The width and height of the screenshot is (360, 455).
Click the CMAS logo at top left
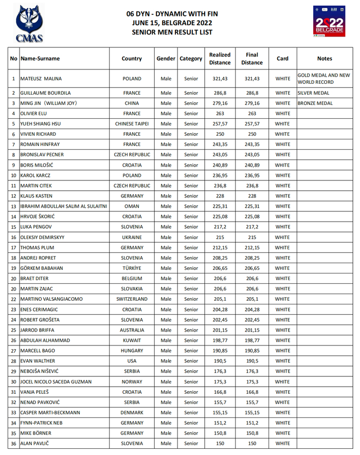click(29, 23)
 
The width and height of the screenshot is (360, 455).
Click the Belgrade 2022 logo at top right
click(329, 22)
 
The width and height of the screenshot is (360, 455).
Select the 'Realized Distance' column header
click(220, 59)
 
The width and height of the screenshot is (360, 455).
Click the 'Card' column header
click(282, 59)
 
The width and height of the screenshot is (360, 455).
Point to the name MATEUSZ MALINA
click(41, 79)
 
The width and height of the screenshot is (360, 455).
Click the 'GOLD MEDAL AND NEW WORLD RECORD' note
click(324, 79)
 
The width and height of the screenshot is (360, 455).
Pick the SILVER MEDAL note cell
click(315, 94)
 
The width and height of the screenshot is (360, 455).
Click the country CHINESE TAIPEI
click(132, 124)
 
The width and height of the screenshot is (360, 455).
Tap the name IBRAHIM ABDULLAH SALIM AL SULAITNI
click(64, 206)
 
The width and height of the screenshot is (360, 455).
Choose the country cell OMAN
click(132, 206)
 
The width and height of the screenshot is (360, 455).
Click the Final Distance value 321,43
click(252, 79)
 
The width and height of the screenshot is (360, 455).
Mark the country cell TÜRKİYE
click(132, 268)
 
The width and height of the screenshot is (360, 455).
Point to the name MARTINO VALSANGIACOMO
click(51, 299)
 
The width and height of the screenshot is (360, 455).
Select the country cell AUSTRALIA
click(132, 330)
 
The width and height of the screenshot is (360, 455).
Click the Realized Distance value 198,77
click(220, 340)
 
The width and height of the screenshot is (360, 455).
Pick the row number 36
click(13, 443)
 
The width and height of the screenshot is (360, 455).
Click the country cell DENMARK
click(132, 412)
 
